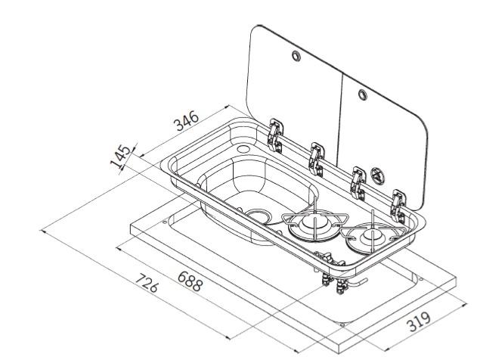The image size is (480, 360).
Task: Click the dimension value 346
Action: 186,121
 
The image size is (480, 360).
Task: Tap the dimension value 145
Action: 120,157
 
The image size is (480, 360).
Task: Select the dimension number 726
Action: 147,283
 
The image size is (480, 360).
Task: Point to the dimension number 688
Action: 190,281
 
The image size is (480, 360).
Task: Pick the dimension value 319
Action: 420,321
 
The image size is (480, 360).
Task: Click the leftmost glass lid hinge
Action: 276,135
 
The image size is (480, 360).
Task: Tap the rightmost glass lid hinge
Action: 398,206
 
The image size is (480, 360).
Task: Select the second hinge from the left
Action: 316,159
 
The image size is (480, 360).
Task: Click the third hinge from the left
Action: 358,183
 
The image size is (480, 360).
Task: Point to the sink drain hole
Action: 259,215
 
